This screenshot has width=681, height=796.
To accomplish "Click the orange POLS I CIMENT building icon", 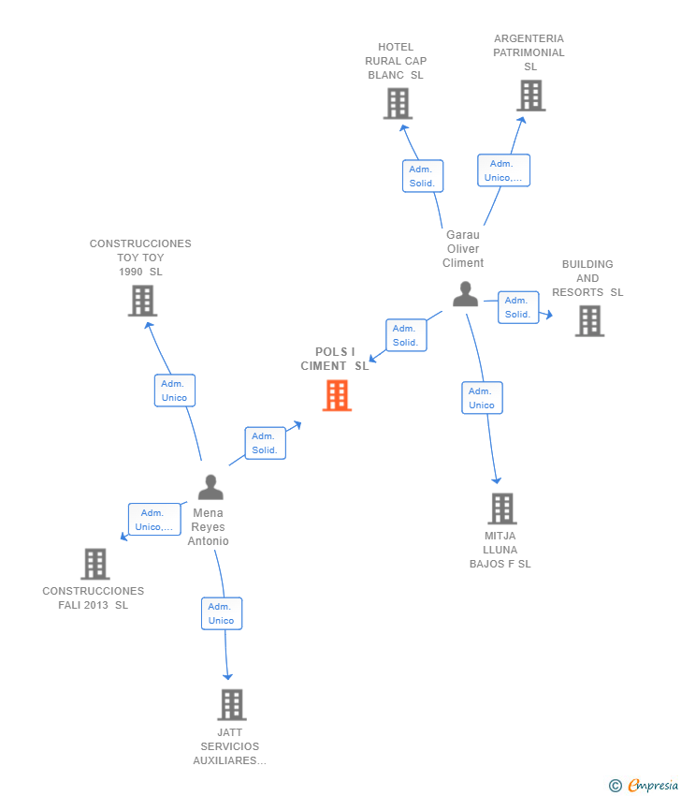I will click(337, 395).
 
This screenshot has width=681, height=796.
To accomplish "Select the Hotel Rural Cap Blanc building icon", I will click(398, 103).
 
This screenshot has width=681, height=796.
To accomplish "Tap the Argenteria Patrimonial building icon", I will click(530, 96).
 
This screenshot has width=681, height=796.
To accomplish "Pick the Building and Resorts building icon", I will click(589, 321).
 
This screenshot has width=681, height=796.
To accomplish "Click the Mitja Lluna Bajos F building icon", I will click(502, 509).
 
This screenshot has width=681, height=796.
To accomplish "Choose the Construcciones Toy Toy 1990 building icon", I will click(142, 301).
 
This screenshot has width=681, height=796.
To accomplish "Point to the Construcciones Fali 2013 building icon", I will click(95, 564).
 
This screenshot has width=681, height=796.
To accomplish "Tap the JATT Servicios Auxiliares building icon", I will click(231, 704).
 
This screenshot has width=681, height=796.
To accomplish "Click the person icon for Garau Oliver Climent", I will click(465, 294).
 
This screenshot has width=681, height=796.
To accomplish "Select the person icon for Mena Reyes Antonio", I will click(210, 487).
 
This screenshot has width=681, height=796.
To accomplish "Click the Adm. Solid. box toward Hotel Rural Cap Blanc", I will click(422, 176).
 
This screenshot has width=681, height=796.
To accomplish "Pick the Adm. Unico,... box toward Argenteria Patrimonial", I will click(504, 170).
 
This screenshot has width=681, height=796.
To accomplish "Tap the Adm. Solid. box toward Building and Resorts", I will click(518, 307).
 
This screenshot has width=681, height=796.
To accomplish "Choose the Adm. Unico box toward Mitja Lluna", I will click(482, 398).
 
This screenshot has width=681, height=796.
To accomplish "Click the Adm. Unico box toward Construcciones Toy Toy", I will click(175, 391).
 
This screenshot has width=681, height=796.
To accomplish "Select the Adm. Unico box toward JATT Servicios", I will click(222, 613).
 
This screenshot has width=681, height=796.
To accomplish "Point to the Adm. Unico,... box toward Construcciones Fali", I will click(154, 519).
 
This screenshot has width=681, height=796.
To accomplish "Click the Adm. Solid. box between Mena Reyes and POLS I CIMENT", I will click(265, 443).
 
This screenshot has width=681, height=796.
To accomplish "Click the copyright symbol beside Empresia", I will click(616, 786).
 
